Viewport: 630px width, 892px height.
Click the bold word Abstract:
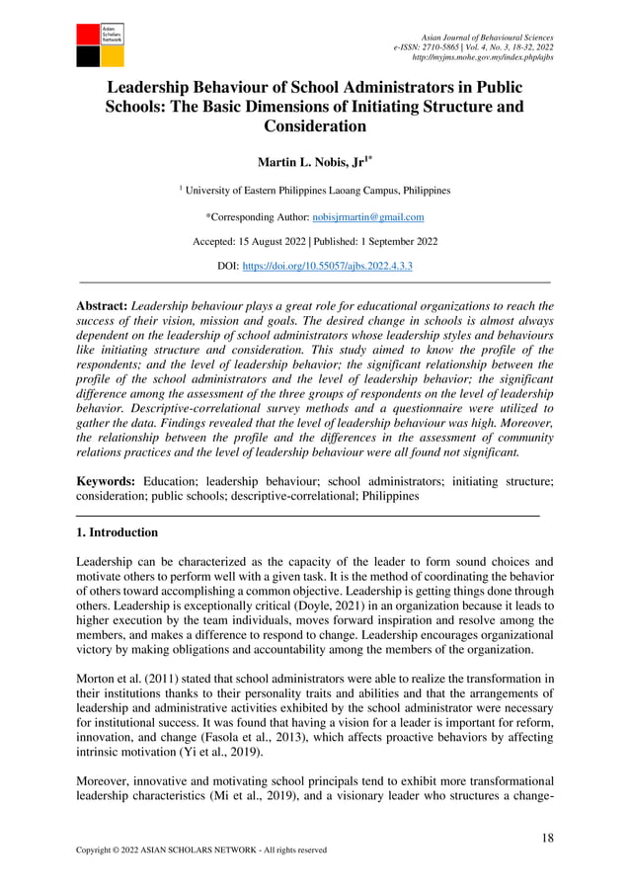pos(102,307)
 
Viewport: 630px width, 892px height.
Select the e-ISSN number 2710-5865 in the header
pos(450,46)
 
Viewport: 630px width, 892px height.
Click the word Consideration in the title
pos(315,125)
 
